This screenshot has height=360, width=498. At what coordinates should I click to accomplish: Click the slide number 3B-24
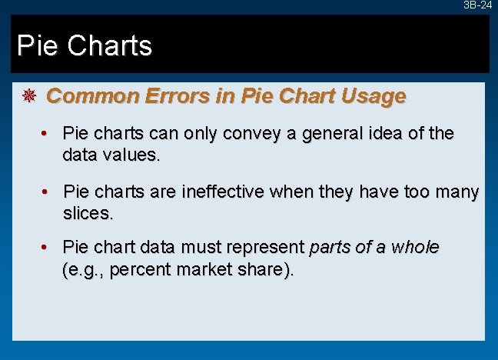tap(477, 5)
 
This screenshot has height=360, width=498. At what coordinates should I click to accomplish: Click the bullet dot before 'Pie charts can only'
tap(47, 133)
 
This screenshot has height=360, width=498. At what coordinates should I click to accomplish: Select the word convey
tap(249, 134)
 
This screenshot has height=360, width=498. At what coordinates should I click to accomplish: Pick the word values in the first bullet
tap(131, 155)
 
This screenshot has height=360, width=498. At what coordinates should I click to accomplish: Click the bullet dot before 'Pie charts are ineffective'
tap(47, 191)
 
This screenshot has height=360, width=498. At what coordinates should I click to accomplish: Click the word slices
tap(87, 212)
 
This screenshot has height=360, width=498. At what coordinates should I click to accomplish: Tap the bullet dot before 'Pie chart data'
tap(47, 248)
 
